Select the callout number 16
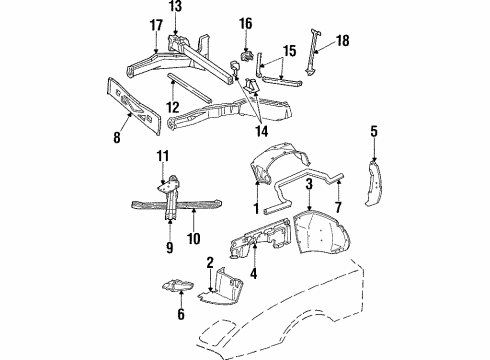[x=246, y=23]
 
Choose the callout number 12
[x=172, y=107]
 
